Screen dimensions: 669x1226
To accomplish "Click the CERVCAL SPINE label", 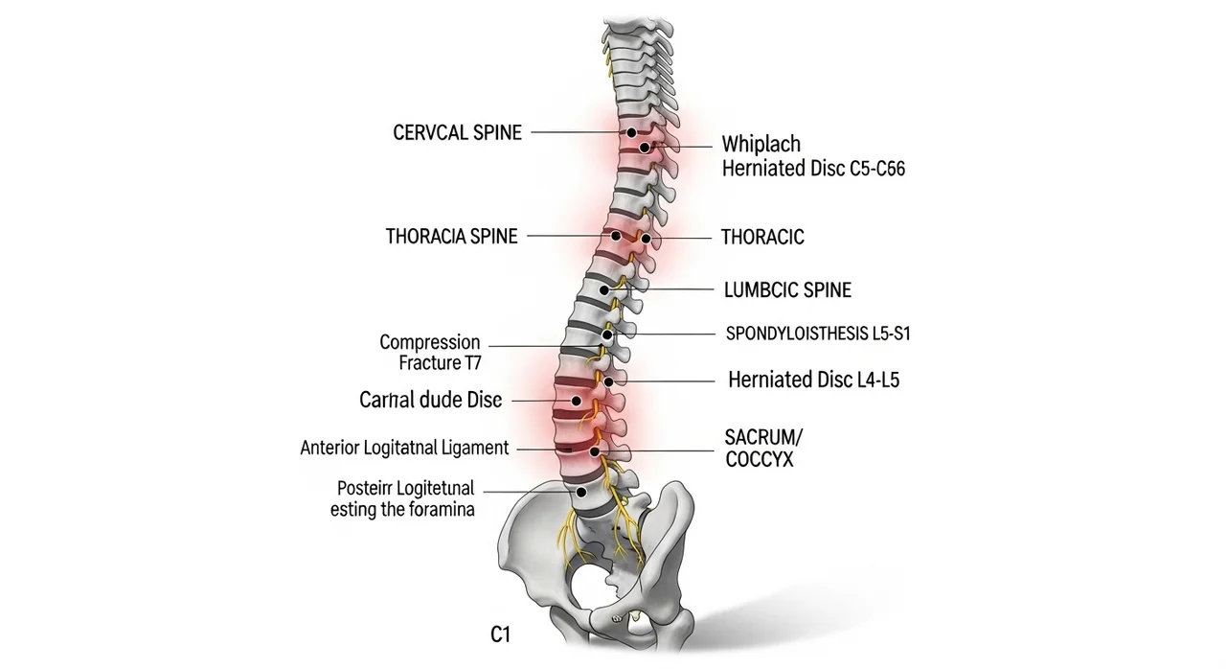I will pos(457,133).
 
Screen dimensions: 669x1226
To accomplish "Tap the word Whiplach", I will pos(761,145).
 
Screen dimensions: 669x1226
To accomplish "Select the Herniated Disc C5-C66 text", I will pos(812,170).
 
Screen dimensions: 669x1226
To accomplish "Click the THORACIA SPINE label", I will pos(451,236).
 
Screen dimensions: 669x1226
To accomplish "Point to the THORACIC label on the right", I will pos(762,237).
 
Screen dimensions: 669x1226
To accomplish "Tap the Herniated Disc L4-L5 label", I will pos(813,380).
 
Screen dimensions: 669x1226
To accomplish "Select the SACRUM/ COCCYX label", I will pos(763,449).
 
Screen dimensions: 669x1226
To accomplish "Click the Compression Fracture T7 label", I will pos(429,353).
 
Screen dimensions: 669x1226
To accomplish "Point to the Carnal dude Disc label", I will pos(430,401).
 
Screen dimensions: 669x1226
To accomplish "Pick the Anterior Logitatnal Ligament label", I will pos(404,448).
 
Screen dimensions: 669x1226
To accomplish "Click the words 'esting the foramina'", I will pos(402,510).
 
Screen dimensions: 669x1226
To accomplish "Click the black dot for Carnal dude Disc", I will pos(576,401).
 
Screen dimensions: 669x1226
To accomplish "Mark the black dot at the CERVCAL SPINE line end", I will pos(631,133).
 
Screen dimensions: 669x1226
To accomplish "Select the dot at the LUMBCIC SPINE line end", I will pos(603,289).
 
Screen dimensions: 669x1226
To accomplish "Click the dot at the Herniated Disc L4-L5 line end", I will pos(609,381).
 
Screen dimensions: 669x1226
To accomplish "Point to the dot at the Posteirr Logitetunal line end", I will pos(579,490).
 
